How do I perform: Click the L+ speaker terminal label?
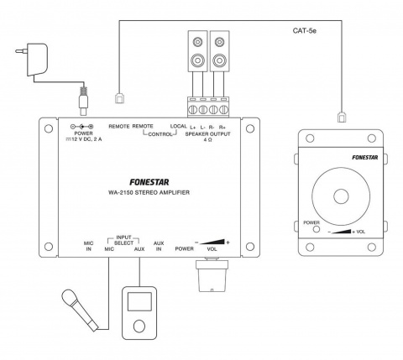coord(194,127)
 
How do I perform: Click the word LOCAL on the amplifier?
coord(178,127)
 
